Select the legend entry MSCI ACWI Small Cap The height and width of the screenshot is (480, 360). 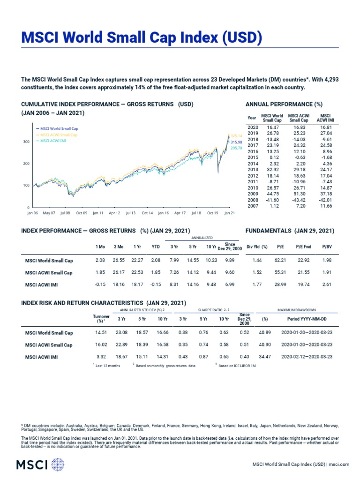tap(59, 135)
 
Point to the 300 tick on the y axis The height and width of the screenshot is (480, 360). tap(26, 142)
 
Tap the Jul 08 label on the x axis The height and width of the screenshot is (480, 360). tap(65, 213)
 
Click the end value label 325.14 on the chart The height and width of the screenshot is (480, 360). tap(236, 136)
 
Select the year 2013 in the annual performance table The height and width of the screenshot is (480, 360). tap(253, 169)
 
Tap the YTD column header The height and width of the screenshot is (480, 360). tap(156, 246)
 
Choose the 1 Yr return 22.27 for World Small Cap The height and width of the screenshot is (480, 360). tap(137, 260)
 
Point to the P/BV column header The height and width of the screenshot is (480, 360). tap(326, 246)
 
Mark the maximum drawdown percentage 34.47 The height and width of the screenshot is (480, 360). tap(265, 357)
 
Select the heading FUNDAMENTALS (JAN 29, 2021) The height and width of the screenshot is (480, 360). tap(290, 231)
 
